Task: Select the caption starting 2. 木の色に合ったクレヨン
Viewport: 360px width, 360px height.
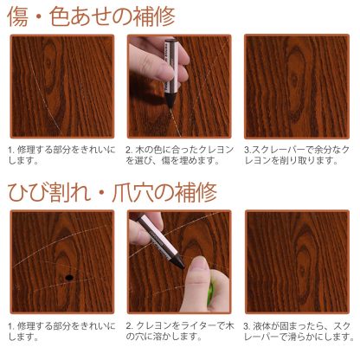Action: pyautogui.click(x=177, y=153)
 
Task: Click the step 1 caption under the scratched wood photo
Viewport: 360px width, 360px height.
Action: pyautogui.click(x=59, y=153)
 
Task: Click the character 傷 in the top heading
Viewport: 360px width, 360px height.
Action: pyautogui.click(x=20, y=16)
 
